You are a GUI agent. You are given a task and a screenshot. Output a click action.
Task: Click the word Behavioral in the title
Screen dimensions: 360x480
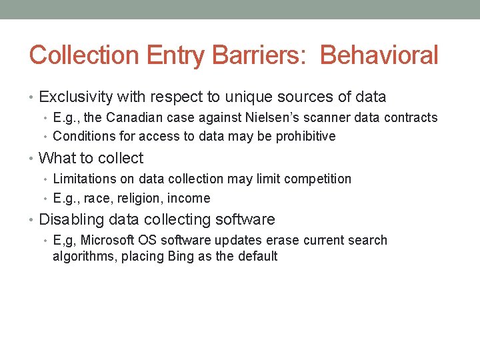[379, 55]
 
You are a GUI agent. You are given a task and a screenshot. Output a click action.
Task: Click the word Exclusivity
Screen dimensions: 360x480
[75, 97]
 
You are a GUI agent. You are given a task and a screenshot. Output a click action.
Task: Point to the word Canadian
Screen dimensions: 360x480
[131, 118]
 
